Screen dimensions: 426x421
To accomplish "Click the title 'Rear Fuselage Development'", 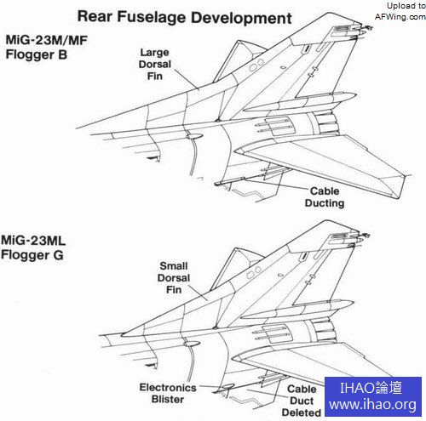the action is click(x=184, y=18).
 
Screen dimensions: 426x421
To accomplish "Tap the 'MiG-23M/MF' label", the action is click(x=46, y=40).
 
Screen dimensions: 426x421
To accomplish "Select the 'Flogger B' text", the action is click(x=37, y=54).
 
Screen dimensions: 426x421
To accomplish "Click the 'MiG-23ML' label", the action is click(x=33, y=241).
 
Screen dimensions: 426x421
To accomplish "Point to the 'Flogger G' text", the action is click(x=32, y=255).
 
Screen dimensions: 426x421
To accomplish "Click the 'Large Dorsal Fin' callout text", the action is click(x=155, y=65).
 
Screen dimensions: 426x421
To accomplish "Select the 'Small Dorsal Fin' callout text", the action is click(x=174, y=278).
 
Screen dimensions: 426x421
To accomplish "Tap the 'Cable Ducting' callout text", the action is click(x=325, y=197).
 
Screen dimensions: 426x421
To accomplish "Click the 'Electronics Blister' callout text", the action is click(x=168, y=393).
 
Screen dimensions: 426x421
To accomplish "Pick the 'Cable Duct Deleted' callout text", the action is click(x=302, y=401).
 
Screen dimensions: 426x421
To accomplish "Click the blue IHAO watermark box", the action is click(x=373, y=396).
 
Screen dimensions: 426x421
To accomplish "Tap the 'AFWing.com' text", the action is click(x=400, y=17).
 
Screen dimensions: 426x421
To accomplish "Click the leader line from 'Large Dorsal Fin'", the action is click(x=187, y=79).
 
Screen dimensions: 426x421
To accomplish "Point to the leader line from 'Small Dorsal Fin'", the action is click(x=198, y=292).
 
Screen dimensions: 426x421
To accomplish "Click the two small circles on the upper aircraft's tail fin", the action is click(x=256, y=65).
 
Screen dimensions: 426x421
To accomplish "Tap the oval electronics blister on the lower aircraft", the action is click(x=228, y=386).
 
